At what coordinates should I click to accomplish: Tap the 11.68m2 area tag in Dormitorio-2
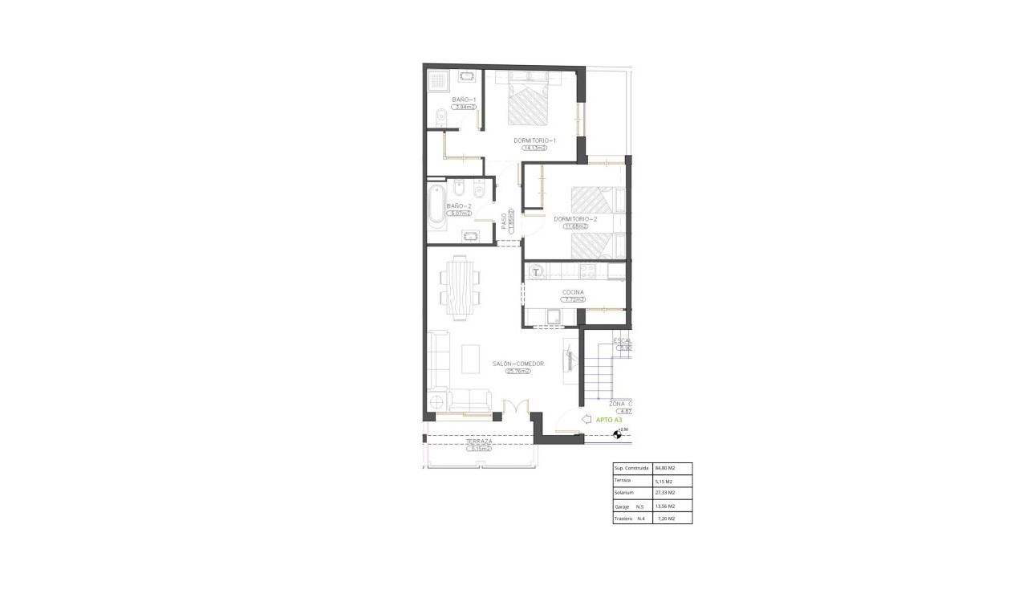575,226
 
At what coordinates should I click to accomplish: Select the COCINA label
573,292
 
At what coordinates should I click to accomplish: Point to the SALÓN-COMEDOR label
517,364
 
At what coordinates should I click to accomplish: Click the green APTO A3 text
609,420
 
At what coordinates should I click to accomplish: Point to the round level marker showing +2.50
619,434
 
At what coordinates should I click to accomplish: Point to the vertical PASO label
505,221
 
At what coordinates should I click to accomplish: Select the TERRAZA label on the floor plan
479,442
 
